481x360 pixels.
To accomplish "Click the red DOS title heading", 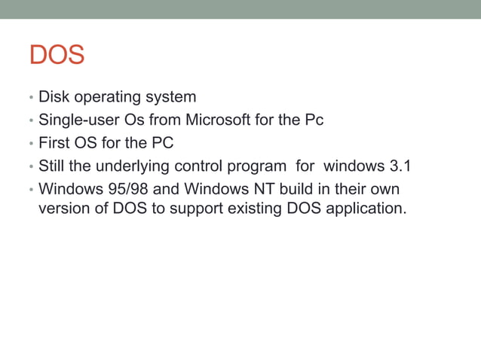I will point(57,56).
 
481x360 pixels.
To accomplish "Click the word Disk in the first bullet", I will point(53,97).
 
